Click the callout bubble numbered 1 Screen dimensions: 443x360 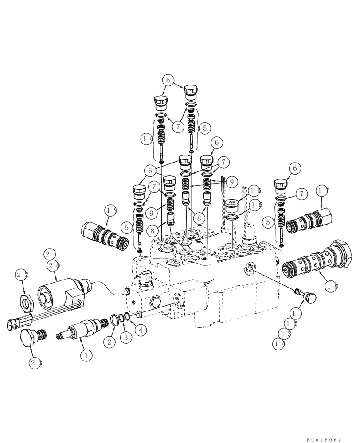pyautogui.click(x=86, y=354)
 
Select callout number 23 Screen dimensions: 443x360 pyautogui.click(x=36, y=362)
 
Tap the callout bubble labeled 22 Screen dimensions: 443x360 pyautogui.click(x=22, y=275)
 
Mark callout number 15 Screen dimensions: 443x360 pyautogui.click(x=254, y=191)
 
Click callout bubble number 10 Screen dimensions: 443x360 pyautogui.click(x=148, y=139)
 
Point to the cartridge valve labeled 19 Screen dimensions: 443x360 pyautogui.click(x=105, y=234)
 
